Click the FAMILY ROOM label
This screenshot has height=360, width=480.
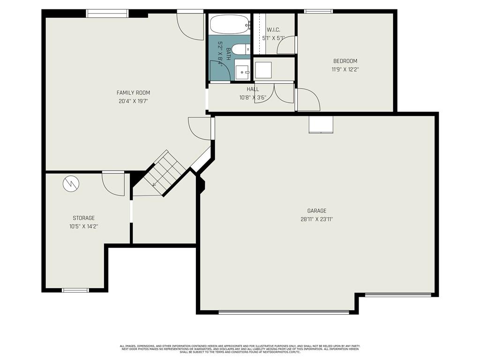133,93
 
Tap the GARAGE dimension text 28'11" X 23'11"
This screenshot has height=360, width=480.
317,219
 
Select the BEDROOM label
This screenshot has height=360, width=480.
345,61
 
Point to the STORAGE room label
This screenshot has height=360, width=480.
83,218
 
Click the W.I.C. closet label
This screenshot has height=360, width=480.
273,30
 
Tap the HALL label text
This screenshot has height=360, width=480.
253,89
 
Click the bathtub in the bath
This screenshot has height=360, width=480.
230,24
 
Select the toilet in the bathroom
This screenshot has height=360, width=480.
241,49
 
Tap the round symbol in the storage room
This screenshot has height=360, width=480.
71,184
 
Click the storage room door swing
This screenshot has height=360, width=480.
113,184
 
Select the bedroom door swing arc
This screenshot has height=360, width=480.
307,99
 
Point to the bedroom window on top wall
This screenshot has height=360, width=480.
318,11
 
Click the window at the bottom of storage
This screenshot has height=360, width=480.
75,290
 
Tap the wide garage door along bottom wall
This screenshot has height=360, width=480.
284,312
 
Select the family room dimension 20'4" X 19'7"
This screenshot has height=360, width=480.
133,101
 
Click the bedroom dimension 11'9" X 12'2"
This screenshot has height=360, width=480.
345,69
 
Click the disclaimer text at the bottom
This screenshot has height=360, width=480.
240,349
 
